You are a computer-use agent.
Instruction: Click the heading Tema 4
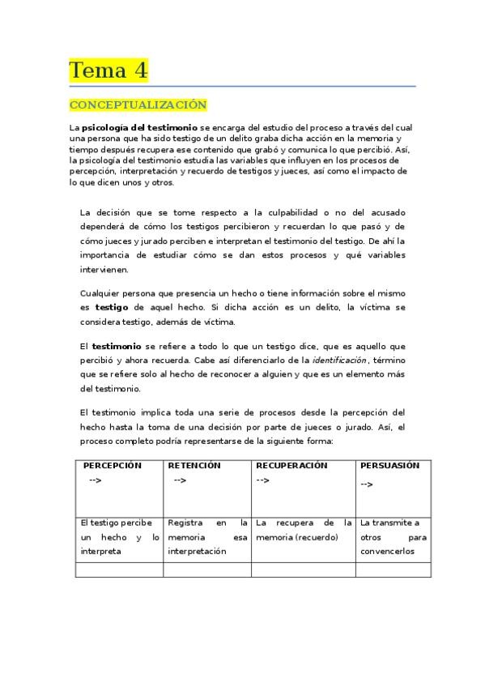108,70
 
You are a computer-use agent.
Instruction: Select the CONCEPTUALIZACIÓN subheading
138,105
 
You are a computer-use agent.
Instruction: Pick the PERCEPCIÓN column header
112,466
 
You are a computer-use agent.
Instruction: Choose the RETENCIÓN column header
195,466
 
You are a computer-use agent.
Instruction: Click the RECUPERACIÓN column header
291,466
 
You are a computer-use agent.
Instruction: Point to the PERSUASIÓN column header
390,466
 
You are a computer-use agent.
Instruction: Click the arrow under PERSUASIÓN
367,484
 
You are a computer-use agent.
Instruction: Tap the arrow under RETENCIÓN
179,480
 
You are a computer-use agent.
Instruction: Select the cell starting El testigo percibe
120,536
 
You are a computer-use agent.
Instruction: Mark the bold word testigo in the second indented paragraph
112,308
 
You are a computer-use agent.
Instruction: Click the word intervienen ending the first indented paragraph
105,270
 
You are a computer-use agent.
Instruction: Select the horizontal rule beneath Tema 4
242,86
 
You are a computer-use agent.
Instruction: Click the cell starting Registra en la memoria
207,536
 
